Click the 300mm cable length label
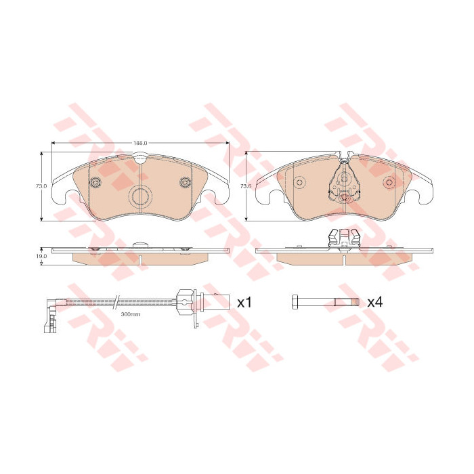click(130, 314)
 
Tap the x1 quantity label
click(244, 303)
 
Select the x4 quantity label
click(375, 302)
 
